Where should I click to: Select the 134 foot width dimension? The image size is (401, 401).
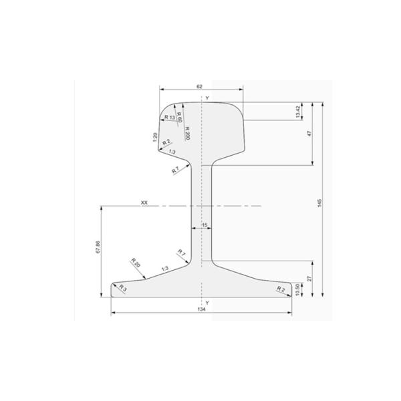[200, 309]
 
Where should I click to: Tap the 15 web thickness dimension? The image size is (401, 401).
[205, 225]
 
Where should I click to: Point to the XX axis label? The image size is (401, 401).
[144, 202]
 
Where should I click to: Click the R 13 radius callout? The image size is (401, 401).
[170, 118]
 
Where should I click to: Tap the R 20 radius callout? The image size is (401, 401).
[136, 263]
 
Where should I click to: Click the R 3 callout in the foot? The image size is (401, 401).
[122, 287]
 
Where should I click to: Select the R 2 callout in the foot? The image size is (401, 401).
[280, 289]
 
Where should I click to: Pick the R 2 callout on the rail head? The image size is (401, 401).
[167, 142]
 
